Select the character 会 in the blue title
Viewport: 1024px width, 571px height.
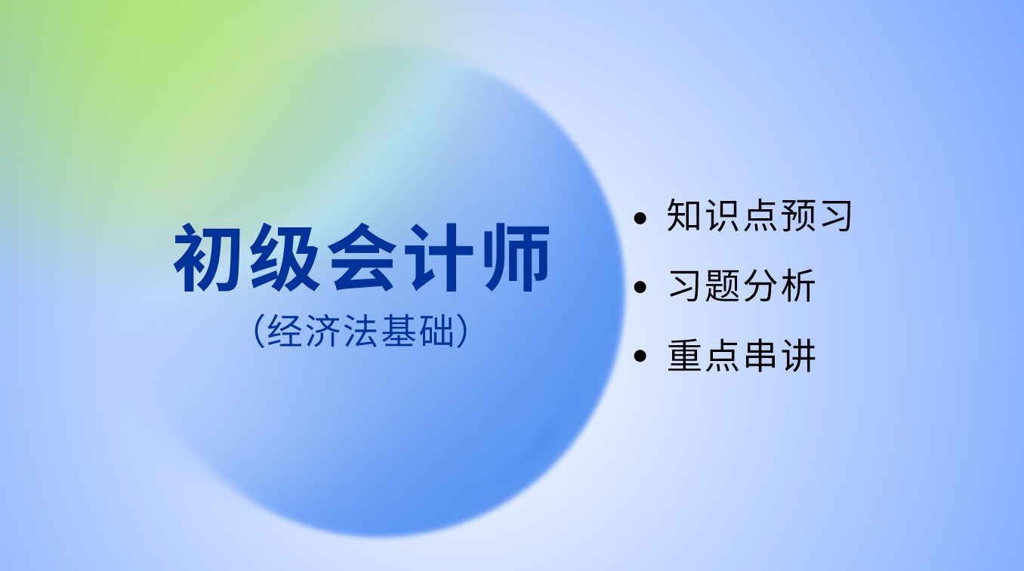click(361, 258)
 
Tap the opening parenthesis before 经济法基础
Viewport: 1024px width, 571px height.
click(259, 331)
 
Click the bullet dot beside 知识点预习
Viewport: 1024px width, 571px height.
click(640, 218)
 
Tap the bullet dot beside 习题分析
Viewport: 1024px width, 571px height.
click(640, 287)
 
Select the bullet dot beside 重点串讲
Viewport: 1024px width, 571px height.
click(640, 356)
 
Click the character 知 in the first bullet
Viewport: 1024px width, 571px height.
click(684, 215)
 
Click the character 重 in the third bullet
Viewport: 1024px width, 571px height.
click(684, 355)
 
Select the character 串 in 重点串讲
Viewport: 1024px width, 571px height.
click(760, 355)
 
